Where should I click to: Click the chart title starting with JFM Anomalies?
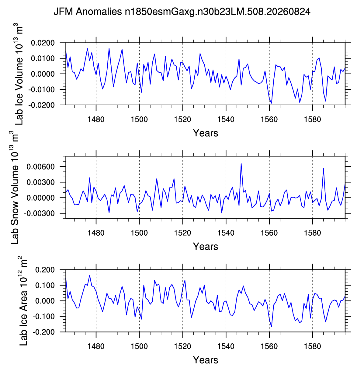[182, 12]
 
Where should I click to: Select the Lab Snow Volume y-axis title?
[14, 188]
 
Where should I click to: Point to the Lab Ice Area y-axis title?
[23, 301]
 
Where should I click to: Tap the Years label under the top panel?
[206, 133]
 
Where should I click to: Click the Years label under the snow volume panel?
[206, 247]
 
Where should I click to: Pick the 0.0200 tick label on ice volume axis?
[43, 43]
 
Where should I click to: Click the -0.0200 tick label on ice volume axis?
[41, 105]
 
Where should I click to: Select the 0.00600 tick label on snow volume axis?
[41, 167]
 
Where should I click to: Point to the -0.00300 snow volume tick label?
[39, 213]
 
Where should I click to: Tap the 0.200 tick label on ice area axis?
[45, 270]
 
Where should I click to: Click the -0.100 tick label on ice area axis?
[43, 316]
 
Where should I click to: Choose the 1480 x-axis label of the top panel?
[96, 119]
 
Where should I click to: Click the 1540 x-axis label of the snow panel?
[226, 233]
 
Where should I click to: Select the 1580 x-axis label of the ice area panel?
[313, 346]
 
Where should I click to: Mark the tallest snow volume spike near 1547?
[241, 164]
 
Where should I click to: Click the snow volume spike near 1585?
[323, 169]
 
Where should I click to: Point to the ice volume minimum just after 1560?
[272, 103]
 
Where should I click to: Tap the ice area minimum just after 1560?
[272, 327]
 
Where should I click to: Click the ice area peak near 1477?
[89, 276]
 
